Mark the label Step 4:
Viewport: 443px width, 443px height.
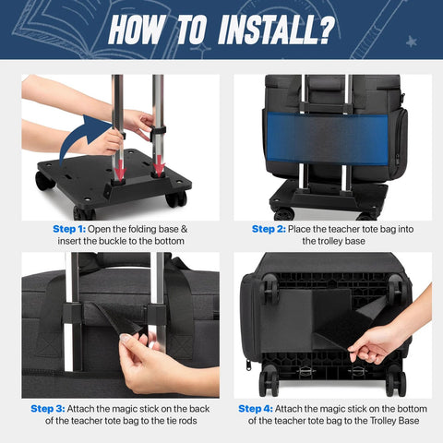[x=257, y=407]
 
